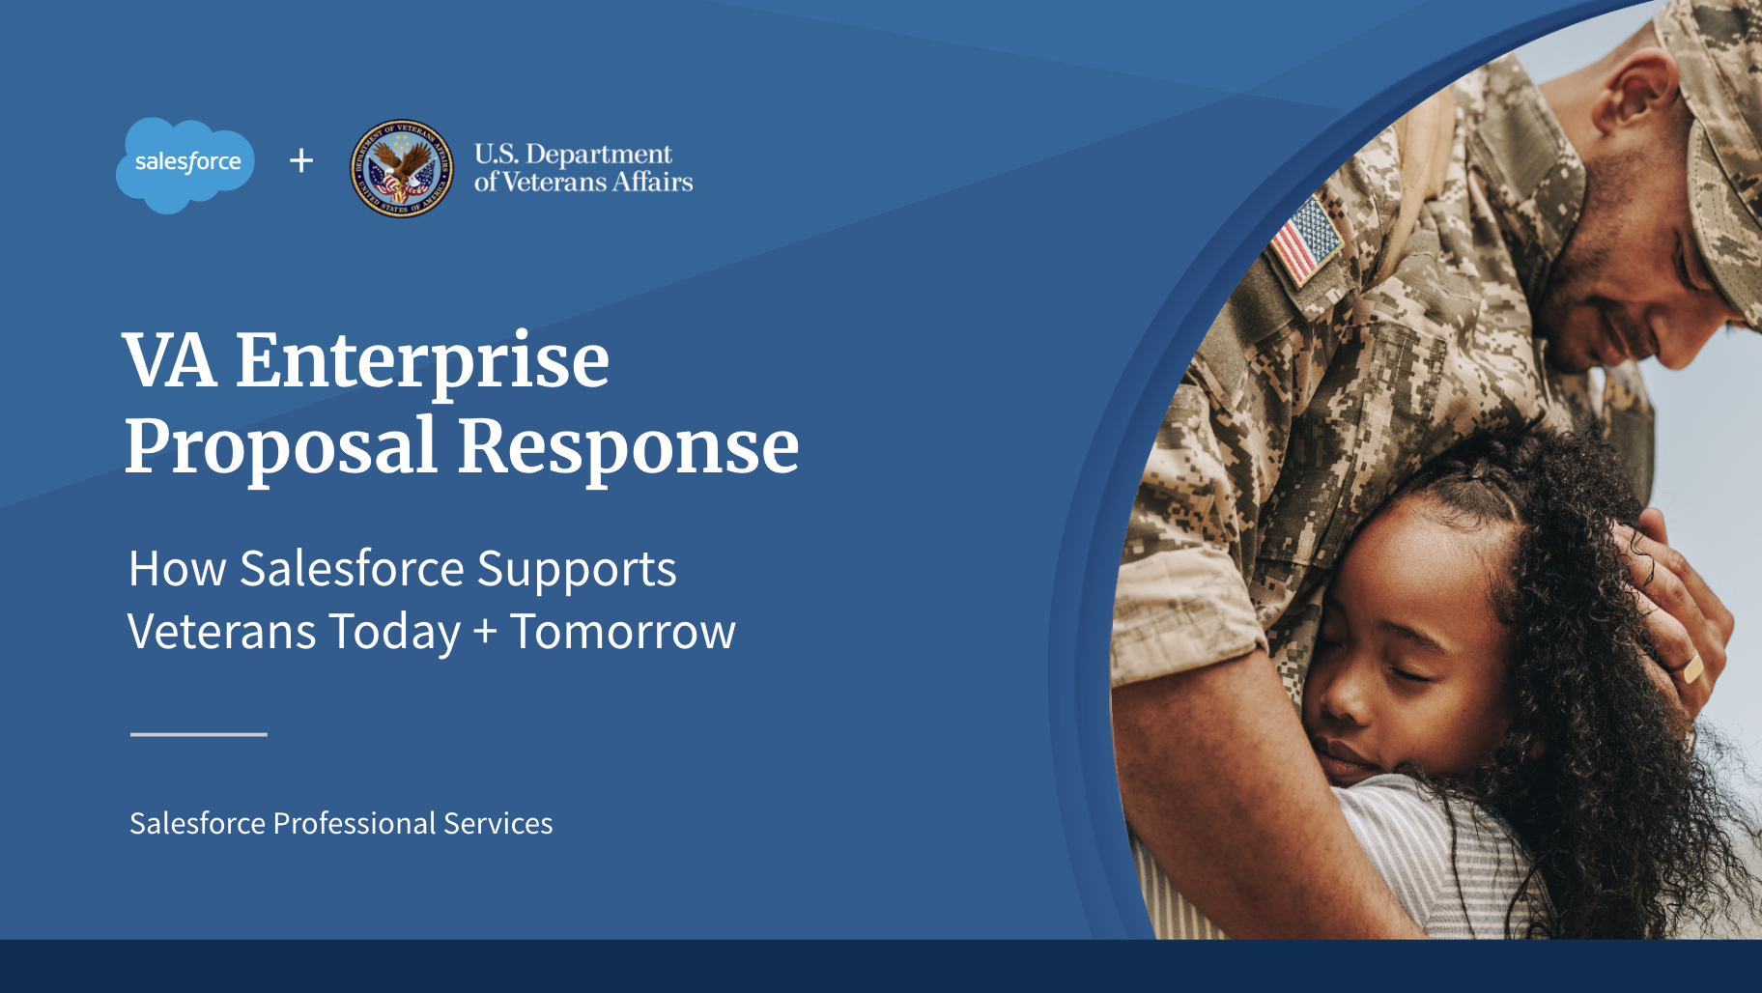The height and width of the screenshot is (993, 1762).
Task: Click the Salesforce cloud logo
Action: coord(185,164)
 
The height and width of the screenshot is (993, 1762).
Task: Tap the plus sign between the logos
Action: coord(301,160)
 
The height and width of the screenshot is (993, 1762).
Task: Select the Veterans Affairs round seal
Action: coord(402,168)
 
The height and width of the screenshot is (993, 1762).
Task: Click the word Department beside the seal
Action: coord(599,156)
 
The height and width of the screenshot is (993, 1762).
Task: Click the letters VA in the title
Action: coord(170,360)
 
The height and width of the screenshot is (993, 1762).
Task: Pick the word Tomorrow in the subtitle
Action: coord(623,632)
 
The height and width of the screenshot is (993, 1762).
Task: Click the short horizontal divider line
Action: coord(199,734)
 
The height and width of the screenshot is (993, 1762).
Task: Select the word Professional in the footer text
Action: coord(354,823)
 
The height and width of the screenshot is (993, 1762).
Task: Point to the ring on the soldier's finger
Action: coord(1691,667)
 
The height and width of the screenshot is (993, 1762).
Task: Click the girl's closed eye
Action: coord(1412,672)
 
